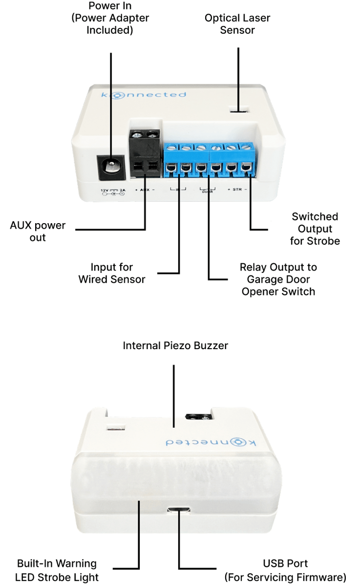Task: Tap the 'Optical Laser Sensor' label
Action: pyautogui.click(x=237, y=24)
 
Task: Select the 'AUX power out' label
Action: pyautogui.click(x=38, y=231)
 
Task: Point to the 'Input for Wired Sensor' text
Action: pyautogui.click(x=112, y=273)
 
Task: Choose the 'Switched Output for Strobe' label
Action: pyautogui.click(x=315, y=229)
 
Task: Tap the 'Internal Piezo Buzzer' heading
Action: pyautogui.click(x=175, y=346)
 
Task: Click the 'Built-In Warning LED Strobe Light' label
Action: pyautogui.click(x=57, y=570)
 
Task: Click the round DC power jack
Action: pyautogui.click(x=111, y=167)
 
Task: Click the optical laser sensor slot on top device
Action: pyautogui.click(x=239, y=109)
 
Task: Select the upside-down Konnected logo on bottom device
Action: pyautogui.click(x=210, y=442)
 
